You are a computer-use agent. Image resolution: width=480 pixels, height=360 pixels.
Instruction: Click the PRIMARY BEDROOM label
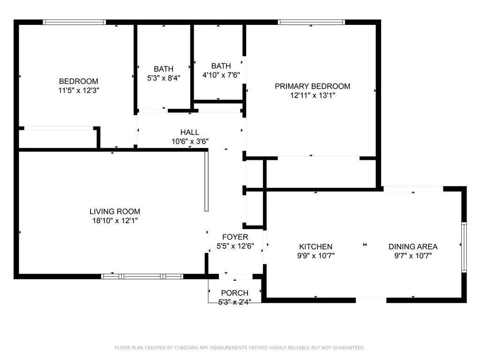[x=312, y=86]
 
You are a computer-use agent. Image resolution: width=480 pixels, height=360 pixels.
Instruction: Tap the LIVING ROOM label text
[x=115, y=211]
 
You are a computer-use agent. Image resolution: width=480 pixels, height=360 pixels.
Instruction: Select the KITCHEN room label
[x=315, y=247]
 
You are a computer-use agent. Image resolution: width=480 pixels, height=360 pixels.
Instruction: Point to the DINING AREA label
[x=413, y=247]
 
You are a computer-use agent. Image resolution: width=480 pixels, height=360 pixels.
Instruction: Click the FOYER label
[x=235, y=237]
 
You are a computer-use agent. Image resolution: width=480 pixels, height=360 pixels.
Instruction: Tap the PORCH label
[x=235, y=293]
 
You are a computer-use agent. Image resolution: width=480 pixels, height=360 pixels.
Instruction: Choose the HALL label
[x=190, y=132]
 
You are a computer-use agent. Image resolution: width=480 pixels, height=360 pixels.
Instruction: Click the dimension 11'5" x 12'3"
[x=79, y=90]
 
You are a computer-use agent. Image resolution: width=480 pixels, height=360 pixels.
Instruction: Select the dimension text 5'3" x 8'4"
[x=164, y=78]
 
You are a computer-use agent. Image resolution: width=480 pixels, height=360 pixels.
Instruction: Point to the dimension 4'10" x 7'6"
[x=221, y=75]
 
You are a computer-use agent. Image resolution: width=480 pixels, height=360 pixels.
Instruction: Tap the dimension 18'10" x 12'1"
[x=115, y=221]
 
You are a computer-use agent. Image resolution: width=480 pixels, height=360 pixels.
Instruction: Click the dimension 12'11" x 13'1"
[x=313, y=96]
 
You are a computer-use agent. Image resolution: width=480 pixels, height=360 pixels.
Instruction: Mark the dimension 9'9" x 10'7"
[x=315, y=256]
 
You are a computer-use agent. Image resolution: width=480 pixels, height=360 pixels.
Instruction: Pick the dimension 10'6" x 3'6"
[x=190, y=142]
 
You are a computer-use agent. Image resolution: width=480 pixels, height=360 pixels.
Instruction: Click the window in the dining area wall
[x=464, y=247]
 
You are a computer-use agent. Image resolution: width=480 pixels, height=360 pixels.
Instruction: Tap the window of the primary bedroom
[x=311, y=22]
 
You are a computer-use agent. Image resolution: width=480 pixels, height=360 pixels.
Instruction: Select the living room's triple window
[x=142, y=277]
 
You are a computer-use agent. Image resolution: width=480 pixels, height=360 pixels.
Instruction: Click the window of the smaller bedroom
[x=75, y=22]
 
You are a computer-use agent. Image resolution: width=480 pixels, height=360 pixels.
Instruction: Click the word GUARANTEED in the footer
[x=349, y=348]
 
